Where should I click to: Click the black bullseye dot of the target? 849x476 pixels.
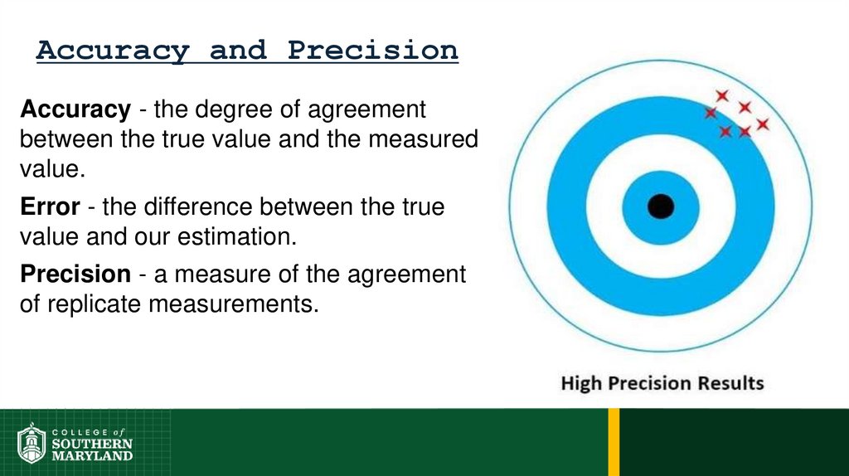click(661, 206)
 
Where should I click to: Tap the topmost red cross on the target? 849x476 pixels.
click(722, 96)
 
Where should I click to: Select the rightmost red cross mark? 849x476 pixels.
click(763, 124)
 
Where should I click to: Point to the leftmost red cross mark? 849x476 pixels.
click(711, 112)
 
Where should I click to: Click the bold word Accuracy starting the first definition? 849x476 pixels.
click(75, 109)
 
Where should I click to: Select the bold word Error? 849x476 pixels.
click(51, 206)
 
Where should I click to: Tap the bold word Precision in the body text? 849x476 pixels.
click(75, 274)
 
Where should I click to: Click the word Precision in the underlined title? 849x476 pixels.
click(373, 51)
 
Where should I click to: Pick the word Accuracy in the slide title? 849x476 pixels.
click(113, 51)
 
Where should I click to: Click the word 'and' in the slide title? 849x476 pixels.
click(239, 51)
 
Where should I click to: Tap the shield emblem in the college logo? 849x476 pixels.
click(32, 444)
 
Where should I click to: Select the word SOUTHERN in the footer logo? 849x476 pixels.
click(92, 444)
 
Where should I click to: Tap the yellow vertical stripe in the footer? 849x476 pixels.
click(614, 441)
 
